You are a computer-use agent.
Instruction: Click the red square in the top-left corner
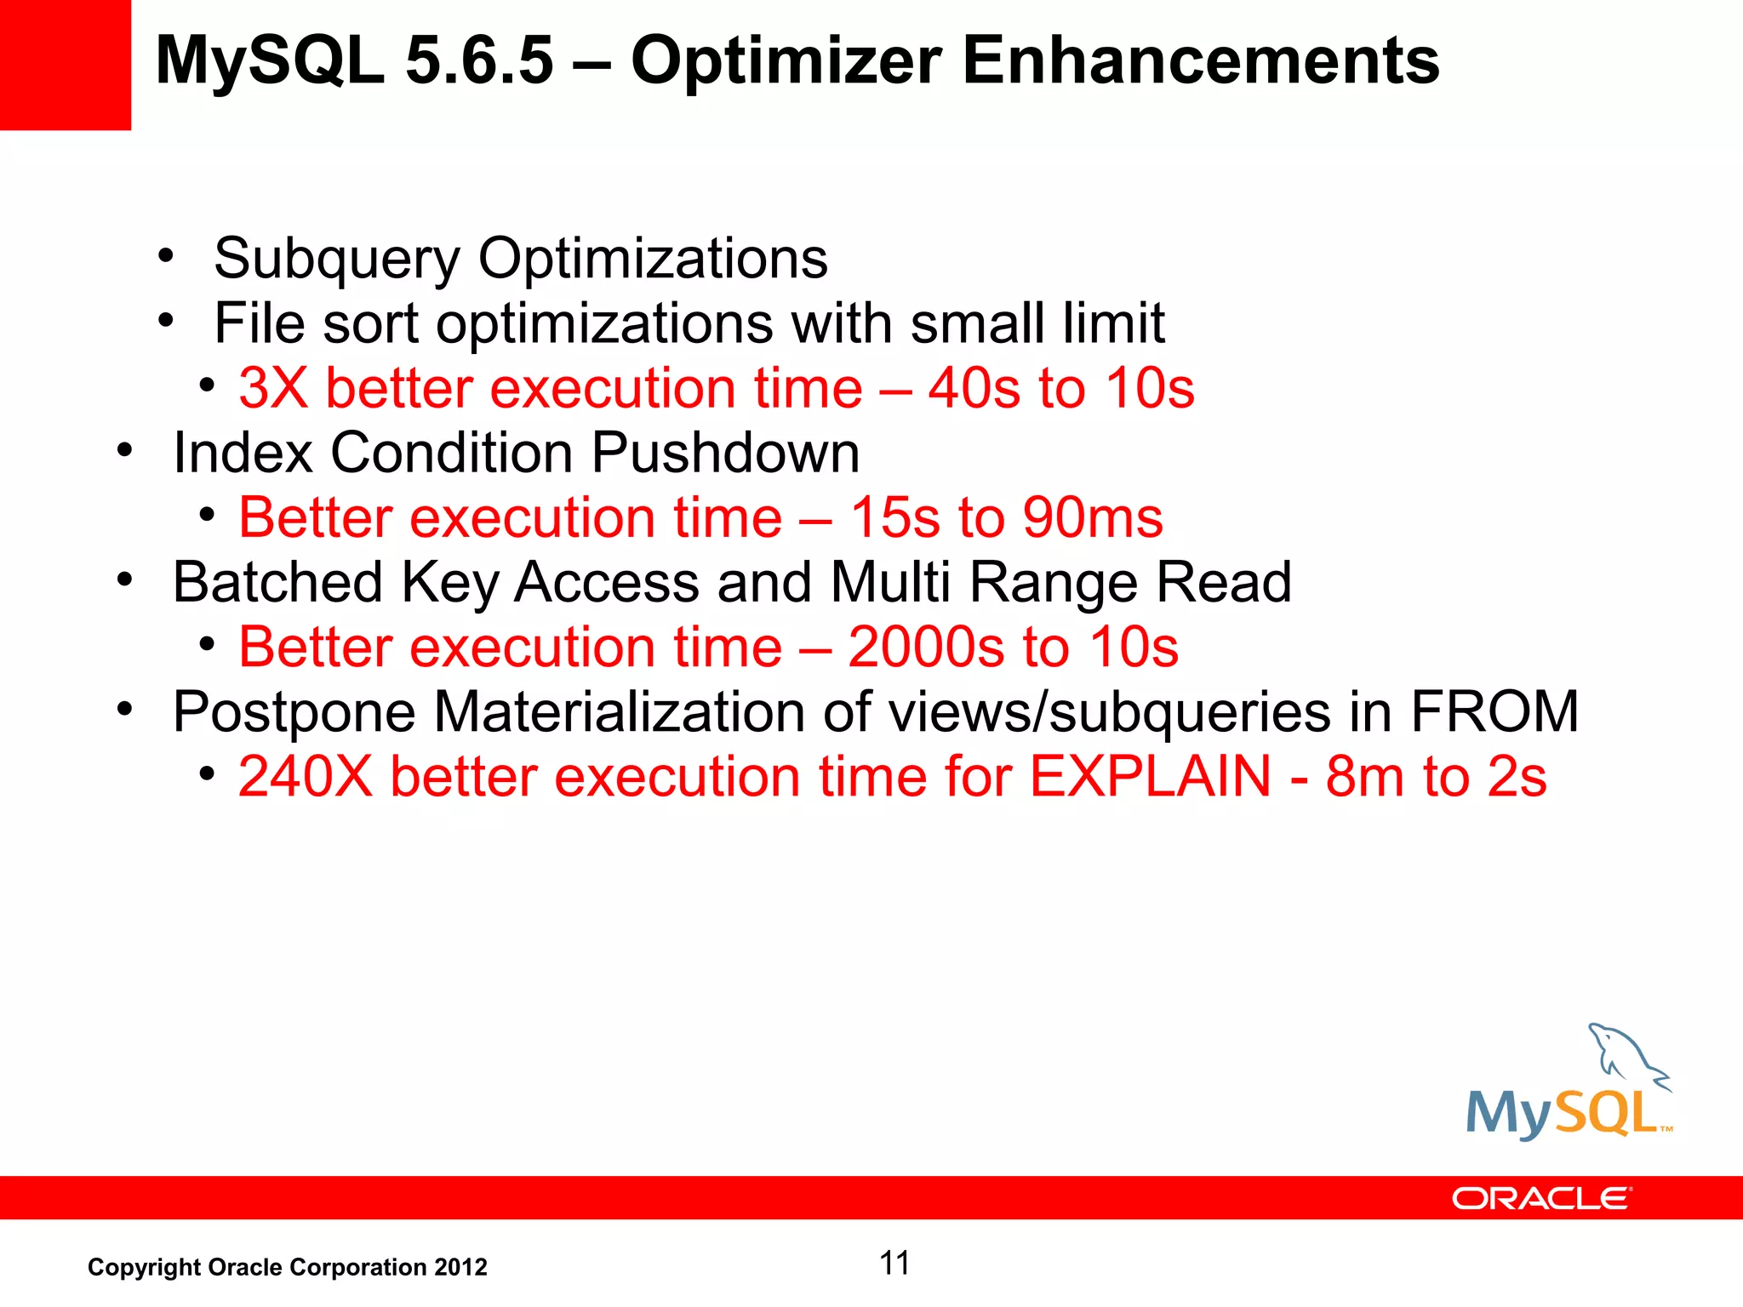[65, 65]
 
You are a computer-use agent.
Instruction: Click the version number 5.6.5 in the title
[479, 61]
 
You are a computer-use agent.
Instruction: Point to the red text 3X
[273, 389]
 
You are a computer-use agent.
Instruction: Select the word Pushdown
[725, 453]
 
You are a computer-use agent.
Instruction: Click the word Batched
[277, 583]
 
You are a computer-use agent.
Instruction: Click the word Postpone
[294, 712]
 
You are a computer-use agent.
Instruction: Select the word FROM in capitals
[1494, 712]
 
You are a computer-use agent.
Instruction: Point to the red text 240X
[306, 777]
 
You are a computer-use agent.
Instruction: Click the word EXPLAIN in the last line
[1150, 777]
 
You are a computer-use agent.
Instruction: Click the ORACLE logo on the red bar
[1541, 1198]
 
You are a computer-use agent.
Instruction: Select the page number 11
[894, 1264]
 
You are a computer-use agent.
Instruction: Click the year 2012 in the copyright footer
[460, 1268]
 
